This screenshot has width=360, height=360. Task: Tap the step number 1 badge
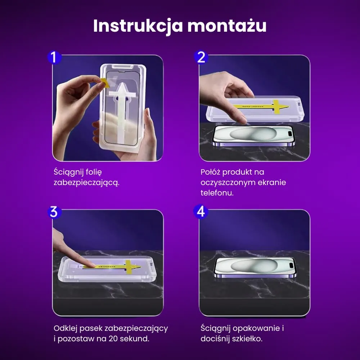(54, 57)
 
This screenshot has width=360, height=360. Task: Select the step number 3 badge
(54, 212)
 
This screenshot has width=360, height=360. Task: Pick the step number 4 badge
(201, 211)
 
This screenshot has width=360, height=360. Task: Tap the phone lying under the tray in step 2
(254, 136)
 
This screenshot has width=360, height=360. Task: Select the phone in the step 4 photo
(254, 268)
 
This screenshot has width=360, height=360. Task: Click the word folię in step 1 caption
(97, 172)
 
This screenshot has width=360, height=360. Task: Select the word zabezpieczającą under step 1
(86, 183)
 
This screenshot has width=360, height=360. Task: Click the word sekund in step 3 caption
(135, 339)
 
